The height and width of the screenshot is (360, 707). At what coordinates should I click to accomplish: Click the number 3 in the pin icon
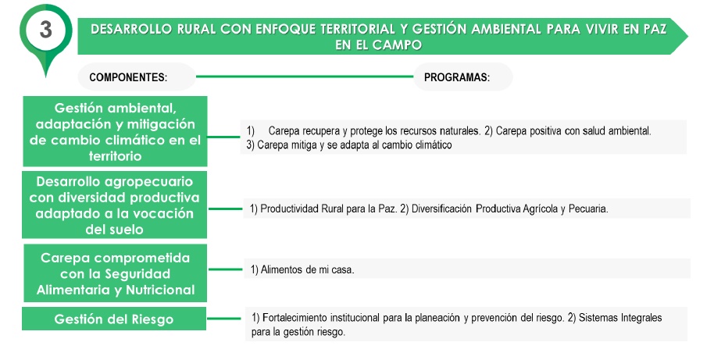pyautogui.click(x=45, y=30)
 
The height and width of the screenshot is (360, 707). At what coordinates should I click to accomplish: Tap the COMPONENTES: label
pyautogui.click(x=128, y=77)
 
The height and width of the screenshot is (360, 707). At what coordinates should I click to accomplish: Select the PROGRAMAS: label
pyautogui.click(x=457, y=77)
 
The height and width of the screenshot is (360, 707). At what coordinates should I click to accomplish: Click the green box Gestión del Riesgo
pyautogui.click(x=114, y=319)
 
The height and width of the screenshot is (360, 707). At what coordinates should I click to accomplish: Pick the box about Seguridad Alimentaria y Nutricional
pyautogui.click(x=115, y=273)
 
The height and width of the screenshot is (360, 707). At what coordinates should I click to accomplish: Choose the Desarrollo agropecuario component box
pyautogui.click(x=115, y=205)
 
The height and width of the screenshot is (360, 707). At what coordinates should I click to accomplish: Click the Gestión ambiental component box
pyautogui.click(x=115, y=131)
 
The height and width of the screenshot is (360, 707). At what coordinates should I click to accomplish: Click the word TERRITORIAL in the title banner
pyautogui.click(x=358, y=30)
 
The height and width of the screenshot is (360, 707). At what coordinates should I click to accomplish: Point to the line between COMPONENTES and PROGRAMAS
pyautogui.click(x=305, y=77)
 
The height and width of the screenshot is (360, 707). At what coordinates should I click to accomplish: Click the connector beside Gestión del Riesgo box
pyautogui.click(x=224, y=319)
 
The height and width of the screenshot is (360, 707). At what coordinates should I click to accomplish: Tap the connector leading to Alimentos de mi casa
pyautogui.click(x=226, y=270)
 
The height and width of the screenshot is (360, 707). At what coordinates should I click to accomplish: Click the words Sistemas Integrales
pyautogui.click(x=620, y=318)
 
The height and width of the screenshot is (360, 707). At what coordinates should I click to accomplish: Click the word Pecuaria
pyautogui.click(x=588, y=209)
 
